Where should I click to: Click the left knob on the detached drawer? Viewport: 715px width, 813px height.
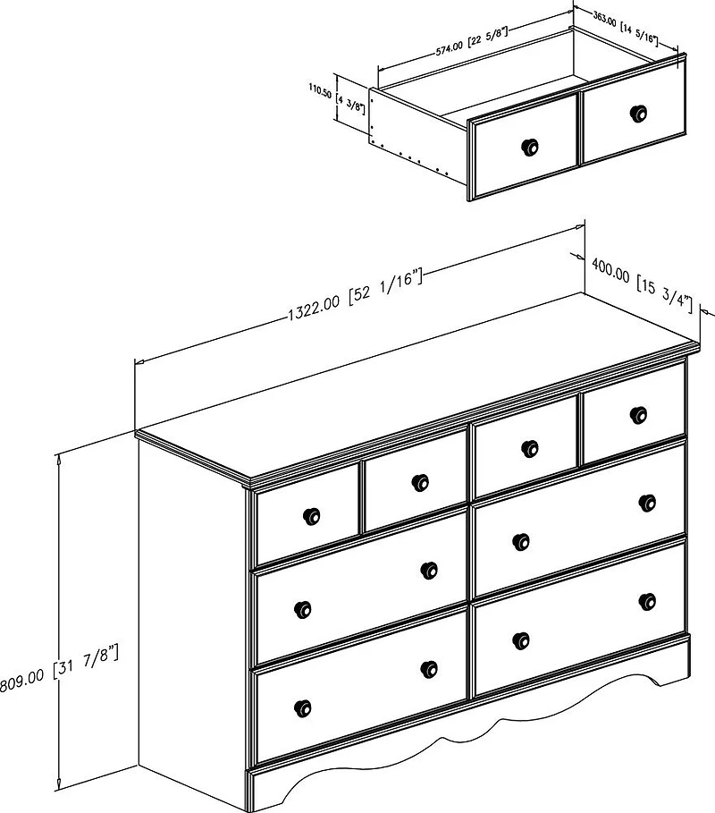(529, 147)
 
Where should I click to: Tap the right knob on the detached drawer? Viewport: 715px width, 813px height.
(638, 113)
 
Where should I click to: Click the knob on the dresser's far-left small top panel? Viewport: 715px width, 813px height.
(311, 516)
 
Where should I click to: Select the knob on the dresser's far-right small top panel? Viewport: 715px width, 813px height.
(638, 415)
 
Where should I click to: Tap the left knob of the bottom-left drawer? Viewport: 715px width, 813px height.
(303, 707)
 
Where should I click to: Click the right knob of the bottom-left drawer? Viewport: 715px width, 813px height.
(429, 669)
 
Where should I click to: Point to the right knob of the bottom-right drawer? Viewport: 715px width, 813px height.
(647, 601)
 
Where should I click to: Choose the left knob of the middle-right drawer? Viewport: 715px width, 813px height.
(521, 542)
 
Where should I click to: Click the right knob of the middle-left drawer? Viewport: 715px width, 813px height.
(429, 571)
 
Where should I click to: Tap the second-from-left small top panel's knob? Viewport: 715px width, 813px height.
(420, 482)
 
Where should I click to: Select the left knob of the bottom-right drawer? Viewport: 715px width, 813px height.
(521, 641)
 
